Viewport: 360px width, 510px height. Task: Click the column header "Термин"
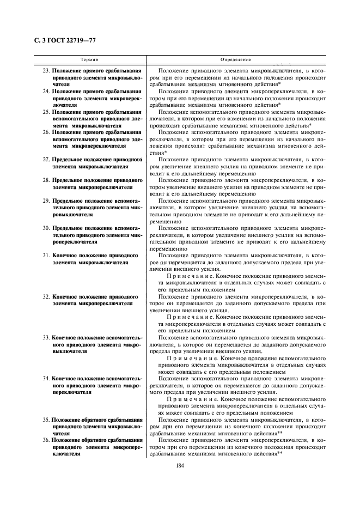[x=89, y=59]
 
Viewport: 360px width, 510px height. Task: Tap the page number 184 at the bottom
[x=180, y=465]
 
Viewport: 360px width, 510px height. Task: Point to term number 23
[x=47, y=71]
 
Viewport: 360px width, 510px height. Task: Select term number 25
[x=47, y=111]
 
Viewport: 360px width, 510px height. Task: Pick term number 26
[x=47, y=132]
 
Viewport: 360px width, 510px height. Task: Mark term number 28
[x=47, y=179]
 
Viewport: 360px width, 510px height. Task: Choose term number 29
[x=47, y=201]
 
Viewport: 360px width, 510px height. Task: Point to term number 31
[x=47, y=255]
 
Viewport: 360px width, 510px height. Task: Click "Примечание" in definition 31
[x=190, y=276]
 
